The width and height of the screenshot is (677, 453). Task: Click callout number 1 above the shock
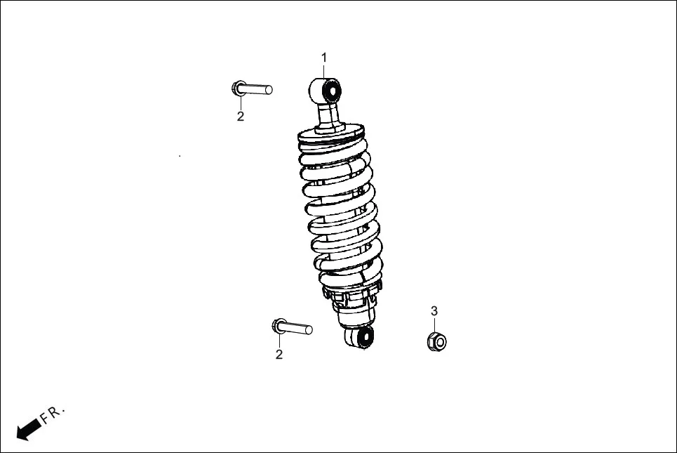coord(324,57)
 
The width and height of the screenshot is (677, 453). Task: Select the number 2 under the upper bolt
coord(241,117)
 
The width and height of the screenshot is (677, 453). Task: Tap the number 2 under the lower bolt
coord(279,355)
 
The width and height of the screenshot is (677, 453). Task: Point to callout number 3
coord(434,310)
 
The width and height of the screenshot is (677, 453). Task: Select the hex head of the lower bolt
coord(277,326)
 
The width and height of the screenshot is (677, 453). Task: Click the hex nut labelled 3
coord(436,341)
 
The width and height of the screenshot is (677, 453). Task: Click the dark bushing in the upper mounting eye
coord(333,91)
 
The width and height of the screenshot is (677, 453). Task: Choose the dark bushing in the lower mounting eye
coord(363,337)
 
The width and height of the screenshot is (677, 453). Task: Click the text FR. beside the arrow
coord(53,413)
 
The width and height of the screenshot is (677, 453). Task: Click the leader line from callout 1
coord(324,70)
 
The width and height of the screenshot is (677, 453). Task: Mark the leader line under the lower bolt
coord(279,341)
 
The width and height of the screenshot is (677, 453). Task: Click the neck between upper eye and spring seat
coord(328,114)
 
